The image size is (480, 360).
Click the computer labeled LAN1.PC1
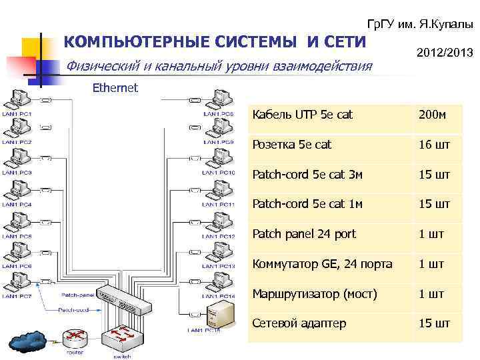[19, 101]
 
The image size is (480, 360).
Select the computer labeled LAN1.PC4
[19, 191]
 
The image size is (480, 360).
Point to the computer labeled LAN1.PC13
[221, 253]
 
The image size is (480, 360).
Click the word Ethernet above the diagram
[115, 87]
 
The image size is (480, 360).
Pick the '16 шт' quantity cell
[434, 145]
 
